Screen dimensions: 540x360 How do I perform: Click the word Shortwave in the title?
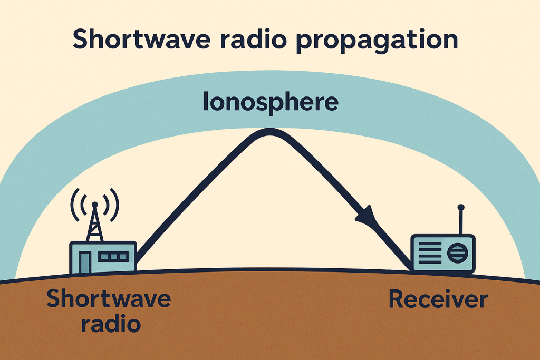click(x=141, y=38)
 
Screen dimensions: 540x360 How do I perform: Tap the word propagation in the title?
click(x=377, y=41)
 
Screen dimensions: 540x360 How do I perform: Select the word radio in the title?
click(x=253, y=38)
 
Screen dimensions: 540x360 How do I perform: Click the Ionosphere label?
click(x=271, y=102)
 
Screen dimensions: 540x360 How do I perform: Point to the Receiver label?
click(x=438, y=299)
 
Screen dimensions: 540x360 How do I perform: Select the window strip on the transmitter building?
click(x=113, y=256)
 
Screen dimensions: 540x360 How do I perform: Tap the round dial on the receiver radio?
click(x=458, y=253)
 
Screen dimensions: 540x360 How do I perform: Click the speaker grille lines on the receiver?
click(x=430, y=253)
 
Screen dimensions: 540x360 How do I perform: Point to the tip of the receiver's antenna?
click(x=461, y=207)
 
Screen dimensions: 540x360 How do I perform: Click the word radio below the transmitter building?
click(x=111, y=324)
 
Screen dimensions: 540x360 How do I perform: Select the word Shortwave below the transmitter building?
click(x=109, y=298)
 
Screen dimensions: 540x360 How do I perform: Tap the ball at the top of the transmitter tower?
click(x=95, y=205)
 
